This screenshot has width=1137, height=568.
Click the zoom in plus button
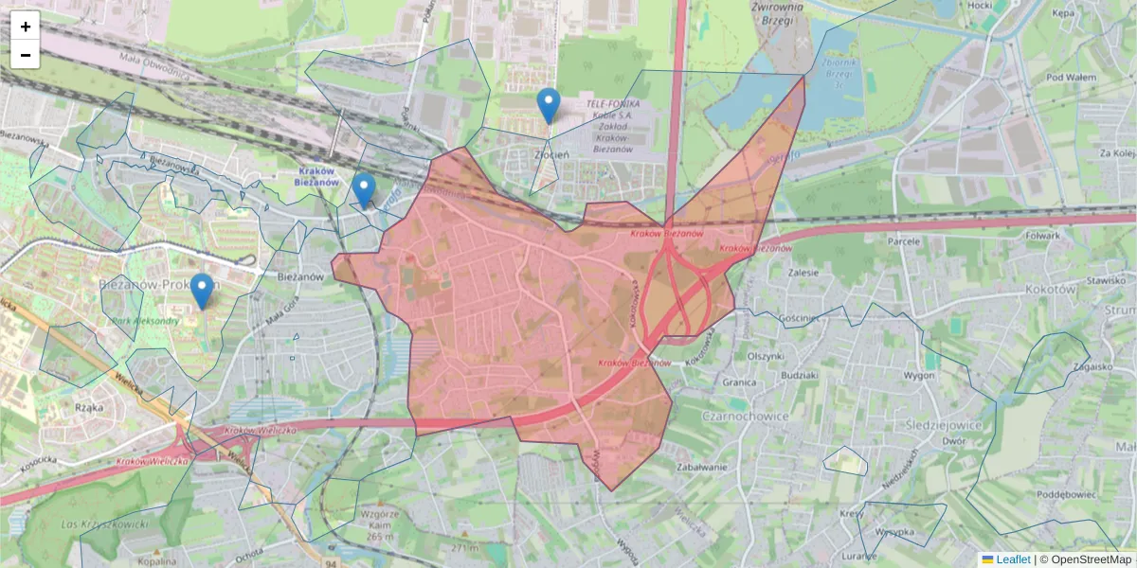click(26, 27)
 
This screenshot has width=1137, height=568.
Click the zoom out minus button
click(26, 55)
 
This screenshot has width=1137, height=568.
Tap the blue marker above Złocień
click(548, 105)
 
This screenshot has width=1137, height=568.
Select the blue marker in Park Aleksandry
click(201, 291)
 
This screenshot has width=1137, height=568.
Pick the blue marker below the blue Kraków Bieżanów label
click(363, 190)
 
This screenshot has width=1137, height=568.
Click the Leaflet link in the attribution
click(1013, 559)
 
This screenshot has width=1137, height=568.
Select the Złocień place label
click(550, 155)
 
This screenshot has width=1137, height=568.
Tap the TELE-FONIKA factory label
click(612, 102)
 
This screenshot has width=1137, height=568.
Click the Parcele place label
click(904, 241)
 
